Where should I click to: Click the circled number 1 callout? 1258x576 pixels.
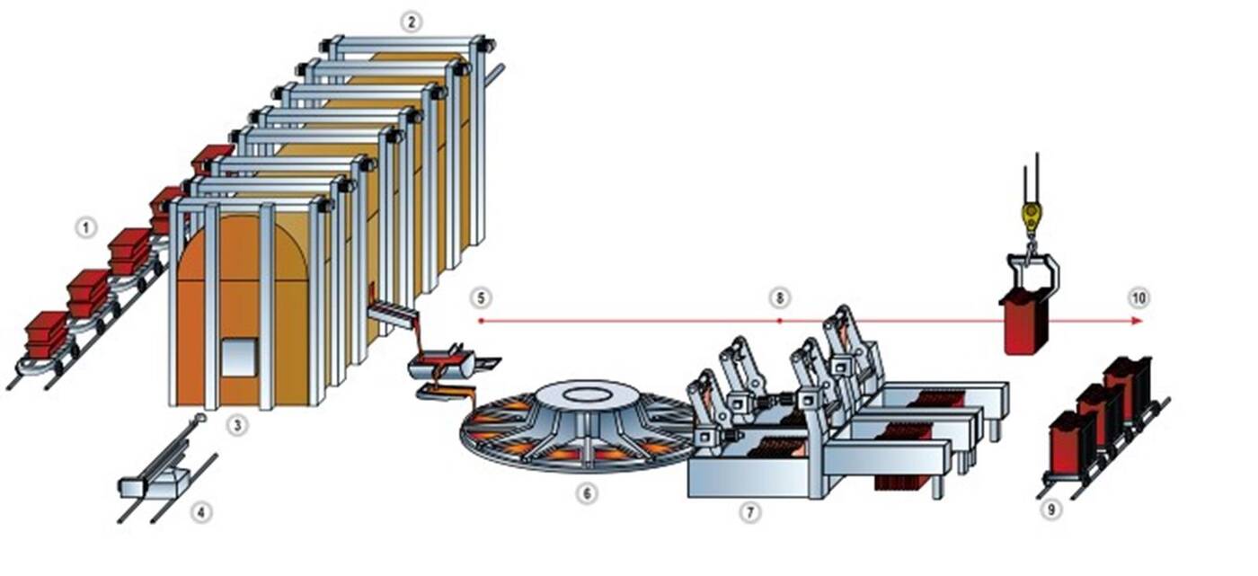[x=85, y=228]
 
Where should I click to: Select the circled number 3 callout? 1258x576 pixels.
[x=237, y=425]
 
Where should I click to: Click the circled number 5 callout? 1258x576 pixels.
[x=482, y=297]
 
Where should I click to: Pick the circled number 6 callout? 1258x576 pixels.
[x=587, y=493]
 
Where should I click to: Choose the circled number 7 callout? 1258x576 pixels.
[x=749, y=512]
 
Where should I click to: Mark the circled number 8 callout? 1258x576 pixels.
[x=779, y=297]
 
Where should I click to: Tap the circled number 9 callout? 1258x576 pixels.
[x=1050, y=510]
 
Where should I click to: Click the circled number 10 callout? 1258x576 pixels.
[x=1139, y=297]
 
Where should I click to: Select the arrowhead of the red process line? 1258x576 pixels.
[x=1138, y=320]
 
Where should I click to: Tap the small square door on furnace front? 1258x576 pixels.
[x=237, y=357]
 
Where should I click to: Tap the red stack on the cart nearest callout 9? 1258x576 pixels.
[x=1071, y=440]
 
